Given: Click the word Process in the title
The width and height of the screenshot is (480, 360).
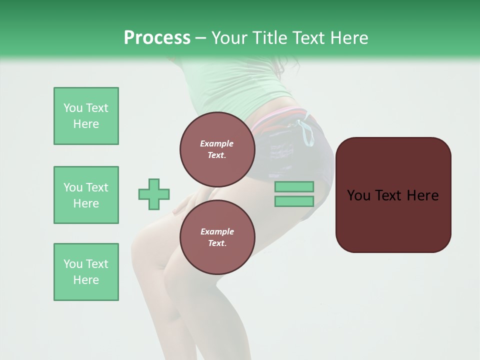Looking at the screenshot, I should [x=157, y=38].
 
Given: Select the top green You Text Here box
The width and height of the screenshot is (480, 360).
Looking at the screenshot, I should [x=86, y=116].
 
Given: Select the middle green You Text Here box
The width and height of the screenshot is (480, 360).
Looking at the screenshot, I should [x=86, y=195].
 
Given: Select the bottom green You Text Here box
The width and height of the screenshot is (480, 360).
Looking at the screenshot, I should [x=86, y=272].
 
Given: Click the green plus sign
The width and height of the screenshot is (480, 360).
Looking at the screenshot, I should [x=154, y=194].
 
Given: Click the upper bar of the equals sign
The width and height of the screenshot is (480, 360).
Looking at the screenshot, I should [x=294, y=186].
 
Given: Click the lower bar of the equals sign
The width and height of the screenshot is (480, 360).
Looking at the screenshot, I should [x=294, y=201].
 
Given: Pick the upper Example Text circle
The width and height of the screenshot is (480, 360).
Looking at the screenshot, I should [x=217, y=149].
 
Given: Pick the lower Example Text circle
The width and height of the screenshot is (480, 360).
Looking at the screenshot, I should [x=217, y=237].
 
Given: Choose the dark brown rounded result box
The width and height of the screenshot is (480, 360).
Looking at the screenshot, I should [x=393, y=220].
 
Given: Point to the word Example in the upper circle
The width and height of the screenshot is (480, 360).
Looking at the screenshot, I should [x=217, y=143].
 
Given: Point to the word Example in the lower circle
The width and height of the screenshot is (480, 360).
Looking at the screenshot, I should [x=217, y=231].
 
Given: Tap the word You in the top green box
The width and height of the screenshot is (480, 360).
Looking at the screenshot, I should [x=73, y=108].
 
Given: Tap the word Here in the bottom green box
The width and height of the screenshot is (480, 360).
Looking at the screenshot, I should [x=86, y=280].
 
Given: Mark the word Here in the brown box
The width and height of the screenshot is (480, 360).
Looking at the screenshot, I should [x=422, y=195].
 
